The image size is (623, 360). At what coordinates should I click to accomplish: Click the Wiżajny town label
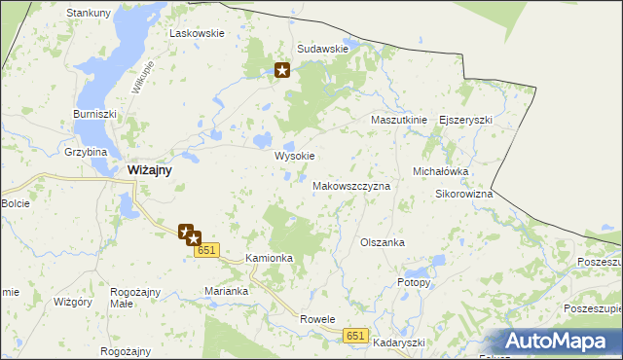150,170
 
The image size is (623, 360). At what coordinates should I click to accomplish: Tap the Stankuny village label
88,13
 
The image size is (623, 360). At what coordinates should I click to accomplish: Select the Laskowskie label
197,32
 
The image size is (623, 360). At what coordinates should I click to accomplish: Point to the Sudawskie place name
322,49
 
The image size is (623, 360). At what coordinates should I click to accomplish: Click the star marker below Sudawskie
282,70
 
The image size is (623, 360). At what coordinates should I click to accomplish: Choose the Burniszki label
94,114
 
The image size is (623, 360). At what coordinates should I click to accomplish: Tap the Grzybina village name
86,153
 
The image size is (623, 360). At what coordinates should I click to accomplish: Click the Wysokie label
295,156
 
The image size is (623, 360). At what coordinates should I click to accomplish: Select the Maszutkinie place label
399,120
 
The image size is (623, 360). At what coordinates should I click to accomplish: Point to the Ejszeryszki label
466,120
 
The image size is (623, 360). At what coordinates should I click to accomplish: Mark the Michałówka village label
441,171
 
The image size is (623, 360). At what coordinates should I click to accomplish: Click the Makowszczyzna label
351,185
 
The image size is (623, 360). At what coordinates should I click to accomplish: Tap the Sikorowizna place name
463,194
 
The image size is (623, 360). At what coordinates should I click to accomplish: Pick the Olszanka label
382,242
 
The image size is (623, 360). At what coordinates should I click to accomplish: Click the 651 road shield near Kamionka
205,251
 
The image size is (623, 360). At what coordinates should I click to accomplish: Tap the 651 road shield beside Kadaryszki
356,336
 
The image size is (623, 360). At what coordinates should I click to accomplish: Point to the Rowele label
317,319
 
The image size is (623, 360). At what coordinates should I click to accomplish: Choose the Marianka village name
229,291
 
